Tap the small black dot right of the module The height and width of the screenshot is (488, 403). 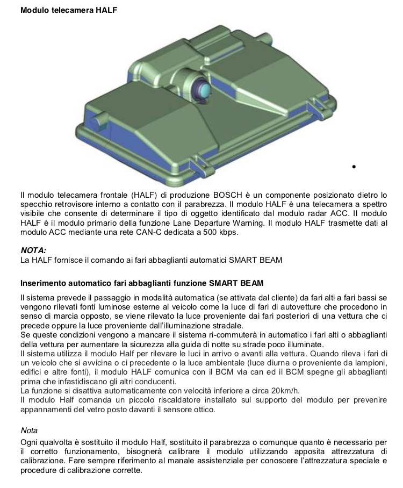(x=354, y=167)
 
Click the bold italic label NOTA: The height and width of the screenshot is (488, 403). (x=33, y=250)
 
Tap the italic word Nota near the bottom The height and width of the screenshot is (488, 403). (x=29, y=430)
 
